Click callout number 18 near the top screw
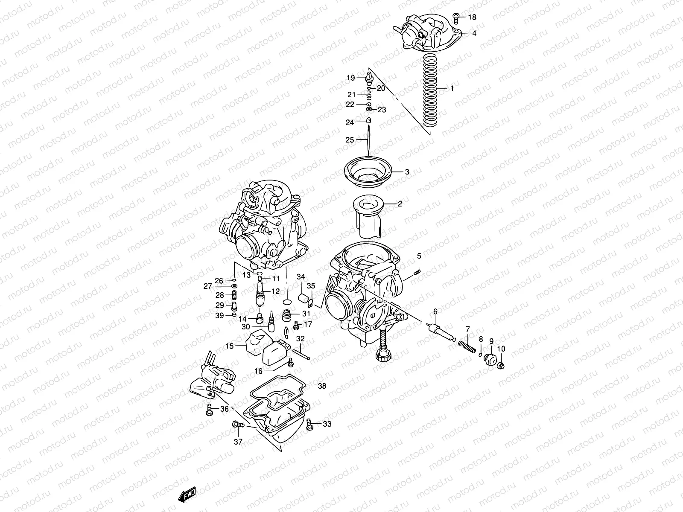[x=472, y=17]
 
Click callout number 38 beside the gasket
[x=322, y=385]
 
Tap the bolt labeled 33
[x=311, y=424]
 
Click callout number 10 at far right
[x=501, y=349]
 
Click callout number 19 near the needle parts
[x=350, y=78]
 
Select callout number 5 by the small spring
[x=419, y=256]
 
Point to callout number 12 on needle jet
[x=275, y=292]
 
